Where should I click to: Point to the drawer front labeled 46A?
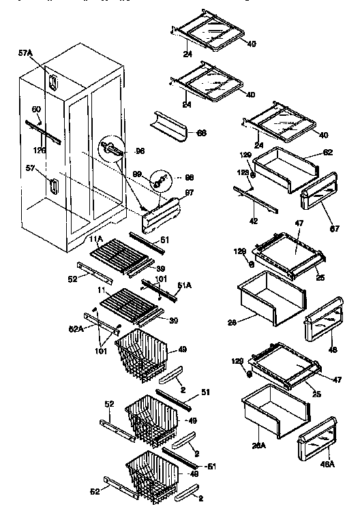[317, 444]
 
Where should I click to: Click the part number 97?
[189, 193]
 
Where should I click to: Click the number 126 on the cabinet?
[40, 150]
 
